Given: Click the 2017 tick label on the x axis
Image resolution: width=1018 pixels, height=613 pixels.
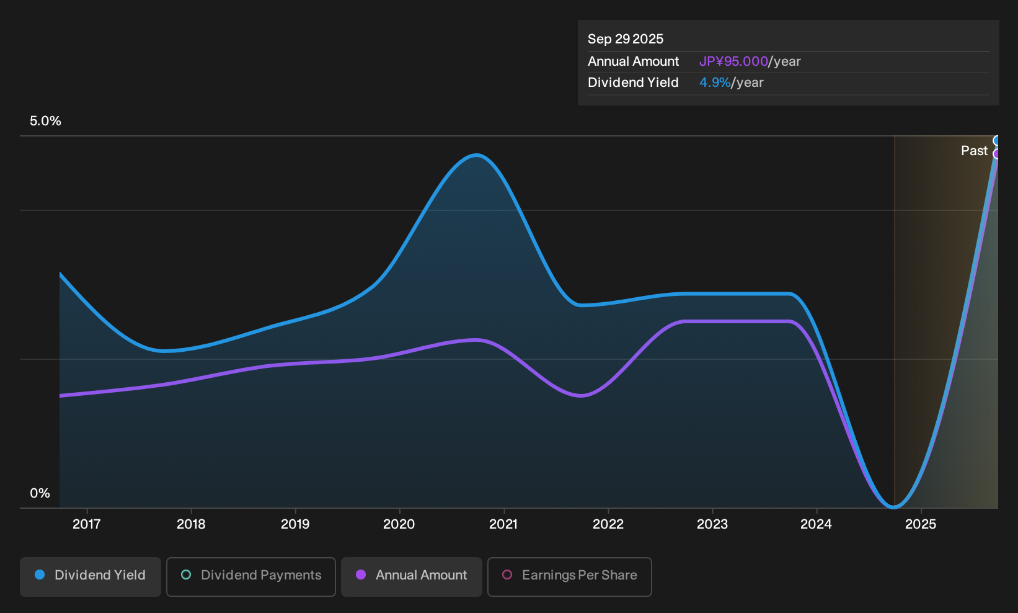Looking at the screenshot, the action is (86, 524).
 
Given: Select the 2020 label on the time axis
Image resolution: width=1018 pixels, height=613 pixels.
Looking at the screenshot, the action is (399, 524).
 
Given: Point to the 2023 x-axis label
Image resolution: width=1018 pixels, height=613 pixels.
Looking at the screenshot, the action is (712, 524).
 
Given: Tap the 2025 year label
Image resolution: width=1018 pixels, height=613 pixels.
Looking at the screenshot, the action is (921, 524).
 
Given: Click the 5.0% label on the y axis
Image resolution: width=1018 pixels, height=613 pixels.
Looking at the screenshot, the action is (45, 121).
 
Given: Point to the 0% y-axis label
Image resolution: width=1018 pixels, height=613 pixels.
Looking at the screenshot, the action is (40, 493).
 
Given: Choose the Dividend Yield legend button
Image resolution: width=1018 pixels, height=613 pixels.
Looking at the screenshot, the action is (91, 576).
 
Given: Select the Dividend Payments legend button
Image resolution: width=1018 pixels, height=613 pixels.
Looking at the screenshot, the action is (251, 576).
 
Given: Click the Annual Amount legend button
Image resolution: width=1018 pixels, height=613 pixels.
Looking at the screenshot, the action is (411, 576).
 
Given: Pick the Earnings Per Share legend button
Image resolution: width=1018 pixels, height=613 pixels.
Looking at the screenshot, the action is (569, 576).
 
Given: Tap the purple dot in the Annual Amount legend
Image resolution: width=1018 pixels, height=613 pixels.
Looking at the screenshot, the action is (360, 575).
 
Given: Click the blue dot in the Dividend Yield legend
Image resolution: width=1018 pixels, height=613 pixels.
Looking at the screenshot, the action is (40, 575).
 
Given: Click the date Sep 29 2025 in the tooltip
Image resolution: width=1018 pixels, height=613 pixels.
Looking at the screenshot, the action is (626, 39).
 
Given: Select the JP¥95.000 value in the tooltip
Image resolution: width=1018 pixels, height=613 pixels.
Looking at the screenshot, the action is (733, 61).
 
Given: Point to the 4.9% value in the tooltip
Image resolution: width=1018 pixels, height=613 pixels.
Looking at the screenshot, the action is (715, 83).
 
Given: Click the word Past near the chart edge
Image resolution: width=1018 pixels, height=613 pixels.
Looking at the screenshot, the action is (974, 151).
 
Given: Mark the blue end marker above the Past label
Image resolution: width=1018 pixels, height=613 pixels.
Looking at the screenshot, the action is (996, 140).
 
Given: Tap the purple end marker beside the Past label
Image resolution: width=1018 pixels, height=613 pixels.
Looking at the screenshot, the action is (996, 154).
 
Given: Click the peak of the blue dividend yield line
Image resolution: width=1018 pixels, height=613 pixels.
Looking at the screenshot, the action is (476, 156).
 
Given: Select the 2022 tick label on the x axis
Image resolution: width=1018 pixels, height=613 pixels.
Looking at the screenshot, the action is (608, 524).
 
